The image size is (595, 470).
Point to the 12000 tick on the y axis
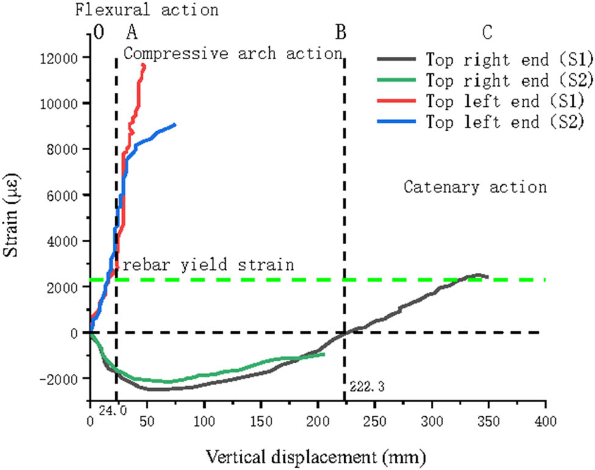[x=66, y=58]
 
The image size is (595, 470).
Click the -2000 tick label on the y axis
[x=64, y=379]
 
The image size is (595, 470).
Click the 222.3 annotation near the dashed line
[x=367, y=386]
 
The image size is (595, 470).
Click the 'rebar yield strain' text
[x=209, y=265]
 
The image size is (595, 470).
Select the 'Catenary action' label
[x=475, y=187]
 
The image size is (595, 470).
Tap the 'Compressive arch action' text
[x=233, y=54]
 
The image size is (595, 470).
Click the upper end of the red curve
[x=144, y=64]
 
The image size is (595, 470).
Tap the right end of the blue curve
[x=175, y=125]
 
